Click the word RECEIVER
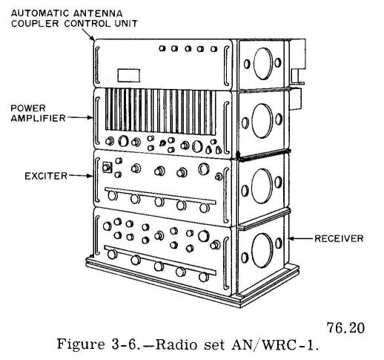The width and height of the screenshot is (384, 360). click(339, 238)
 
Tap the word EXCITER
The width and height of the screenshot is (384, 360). click(46, 176)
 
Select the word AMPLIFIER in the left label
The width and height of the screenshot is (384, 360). click(38, 118)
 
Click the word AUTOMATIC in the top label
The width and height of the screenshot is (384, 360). click(38, 13)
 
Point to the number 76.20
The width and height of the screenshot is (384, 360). click(345, 328)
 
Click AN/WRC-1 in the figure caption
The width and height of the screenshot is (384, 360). click(274, 344)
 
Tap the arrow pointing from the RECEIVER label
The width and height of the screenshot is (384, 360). click(301, 239)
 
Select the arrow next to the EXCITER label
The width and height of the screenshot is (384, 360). click(81, 176)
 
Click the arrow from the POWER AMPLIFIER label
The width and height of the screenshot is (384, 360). click(80, 118)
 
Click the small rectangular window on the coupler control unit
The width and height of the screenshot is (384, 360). click(129, 75)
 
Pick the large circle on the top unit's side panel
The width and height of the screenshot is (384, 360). click(263, 64)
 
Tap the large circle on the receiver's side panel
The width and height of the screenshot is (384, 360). click(262, 250)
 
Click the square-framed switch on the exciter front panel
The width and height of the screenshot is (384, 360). click(107, 168)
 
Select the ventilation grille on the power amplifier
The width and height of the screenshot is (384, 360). click(161, 112)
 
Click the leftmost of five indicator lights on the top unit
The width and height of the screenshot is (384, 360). click(162, 48)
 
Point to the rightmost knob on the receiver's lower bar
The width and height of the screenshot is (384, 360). click(204, 277)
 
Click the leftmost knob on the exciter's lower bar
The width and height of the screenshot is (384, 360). click(113, 196)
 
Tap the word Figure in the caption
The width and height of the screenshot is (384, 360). click(81, 344)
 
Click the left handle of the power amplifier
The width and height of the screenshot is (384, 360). click(98, 121)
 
